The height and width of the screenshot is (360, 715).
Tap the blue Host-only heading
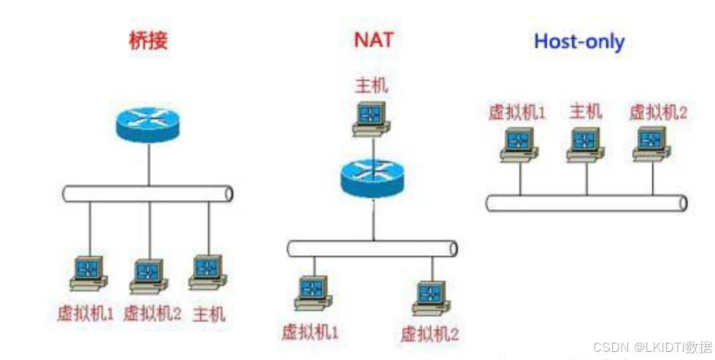pyautogui.click(x=579, y=42)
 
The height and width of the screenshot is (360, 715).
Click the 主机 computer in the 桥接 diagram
pyautogui.click(x=208, y=272)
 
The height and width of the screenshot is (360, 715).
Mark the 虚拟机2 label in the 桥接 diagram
pyautogui.click(x=152, y=314)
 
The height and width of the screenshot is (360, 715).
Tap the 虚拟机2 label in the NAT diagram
pyautogui.click(x=429, y=334)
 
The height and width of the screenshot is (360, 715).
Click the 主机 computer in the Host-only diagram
pyautogui.click(x=586, y=143)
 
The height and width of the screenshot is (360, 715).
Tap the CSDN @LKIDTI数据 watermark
pyautogui.click(x=652, y=346)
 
